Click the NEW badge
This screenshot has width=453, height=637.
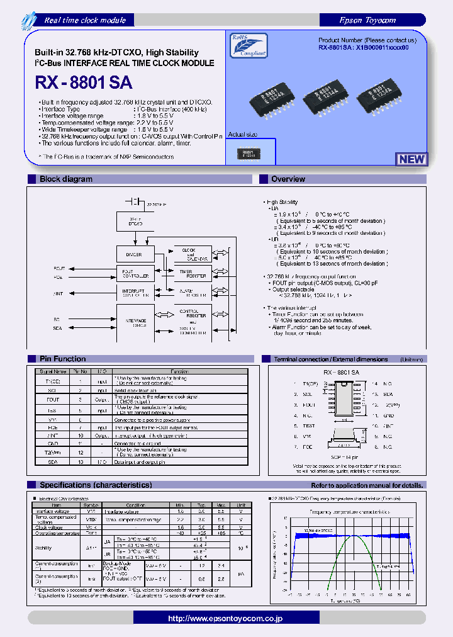coord(411,159)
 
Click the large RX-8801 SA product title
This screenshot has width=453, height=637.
coord(87,82)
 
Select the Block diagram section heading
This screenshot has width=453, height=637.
coord(65,179)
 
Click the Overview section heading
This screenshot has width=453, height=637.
coord(288,179)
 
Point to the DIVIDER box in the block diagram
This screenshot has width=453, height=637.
coord(135,254)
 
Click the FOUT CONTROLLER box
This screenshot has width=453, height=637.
coord(135,273)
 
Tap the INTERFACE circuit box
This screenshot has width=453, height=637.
coord(135,322)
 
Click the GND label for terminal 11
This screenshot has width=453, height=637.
coord(389,415)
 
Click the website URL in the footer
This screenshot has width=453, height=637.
coord(225,619)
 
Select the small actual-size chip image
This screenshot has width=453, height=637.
coord(250,154)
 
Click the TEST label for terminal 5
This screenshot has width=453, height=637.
coord(310,426)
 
